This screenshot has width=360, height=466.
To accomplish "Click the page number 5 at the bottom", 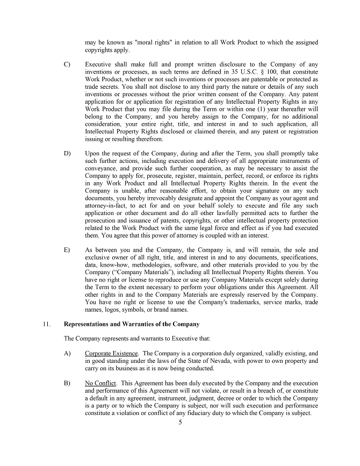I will click(x=181, y=422).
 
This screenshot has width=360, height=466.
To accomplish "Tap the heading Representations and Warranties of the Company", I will click(x=132, y=324).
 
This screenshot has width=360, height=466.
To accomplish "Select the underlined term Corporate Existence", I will click(x=111, y=353).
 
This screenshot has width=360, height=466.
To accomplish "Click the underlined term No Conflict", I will click(x=100, y=383).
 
